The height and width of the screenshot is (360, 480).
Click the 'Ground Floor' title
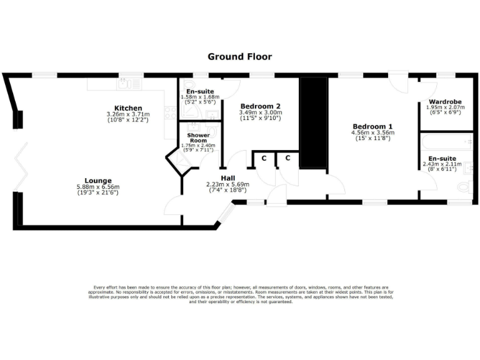point(239,57)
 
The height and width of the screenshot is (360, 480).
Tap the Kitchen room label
point(128,108)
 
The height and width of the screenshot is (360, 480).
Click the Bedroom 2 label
point(261,106)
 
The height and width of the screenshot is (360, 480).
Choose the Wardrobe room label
point(445,101)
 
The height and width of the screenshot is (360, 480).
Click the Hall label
point(227,177)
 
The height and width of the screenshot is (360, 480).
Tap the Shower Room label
point(198,138)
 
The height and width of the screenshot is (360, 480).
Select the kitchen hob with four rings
point(169,114)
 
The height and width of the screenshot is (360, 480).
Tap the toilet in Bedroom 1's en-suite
point(464,186)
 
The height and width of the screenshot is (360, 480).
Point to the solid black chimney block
point(313,122)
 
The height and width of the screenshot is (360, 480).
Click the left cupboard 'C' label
point(264,159)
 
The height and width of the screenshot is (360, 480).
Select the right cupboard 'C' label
point(287,159)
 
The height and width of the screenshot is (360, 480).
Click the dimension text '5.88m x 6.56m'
point(98,187)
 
